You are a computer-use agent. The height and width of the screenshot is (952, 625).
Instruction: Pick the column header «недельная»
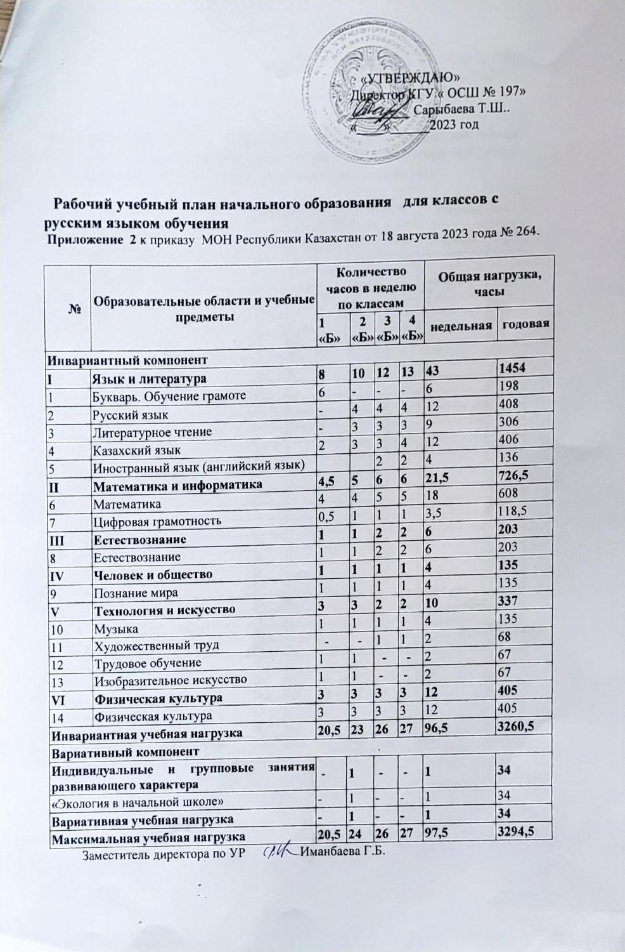[x=461, y=326]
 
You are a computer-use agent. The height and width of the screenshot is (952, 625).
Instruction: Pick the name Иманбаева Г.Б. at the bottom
[x=342, y=851]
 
